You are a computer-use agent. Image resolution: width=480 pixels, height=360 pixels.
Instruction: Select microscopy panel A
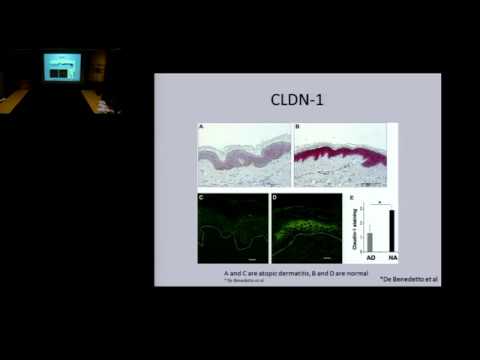click(x=242, y=154)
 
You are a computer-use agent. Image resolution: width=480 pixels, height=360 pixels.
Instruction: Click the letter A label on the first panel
click(x=202, y=128)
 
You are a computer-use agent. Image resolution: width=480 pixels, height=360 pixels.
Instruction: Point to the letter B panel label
click(x=297, y=128)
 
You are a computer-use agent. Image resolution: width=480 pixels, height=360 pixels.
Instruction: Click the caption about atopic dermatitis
click(x=281, y=272)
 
